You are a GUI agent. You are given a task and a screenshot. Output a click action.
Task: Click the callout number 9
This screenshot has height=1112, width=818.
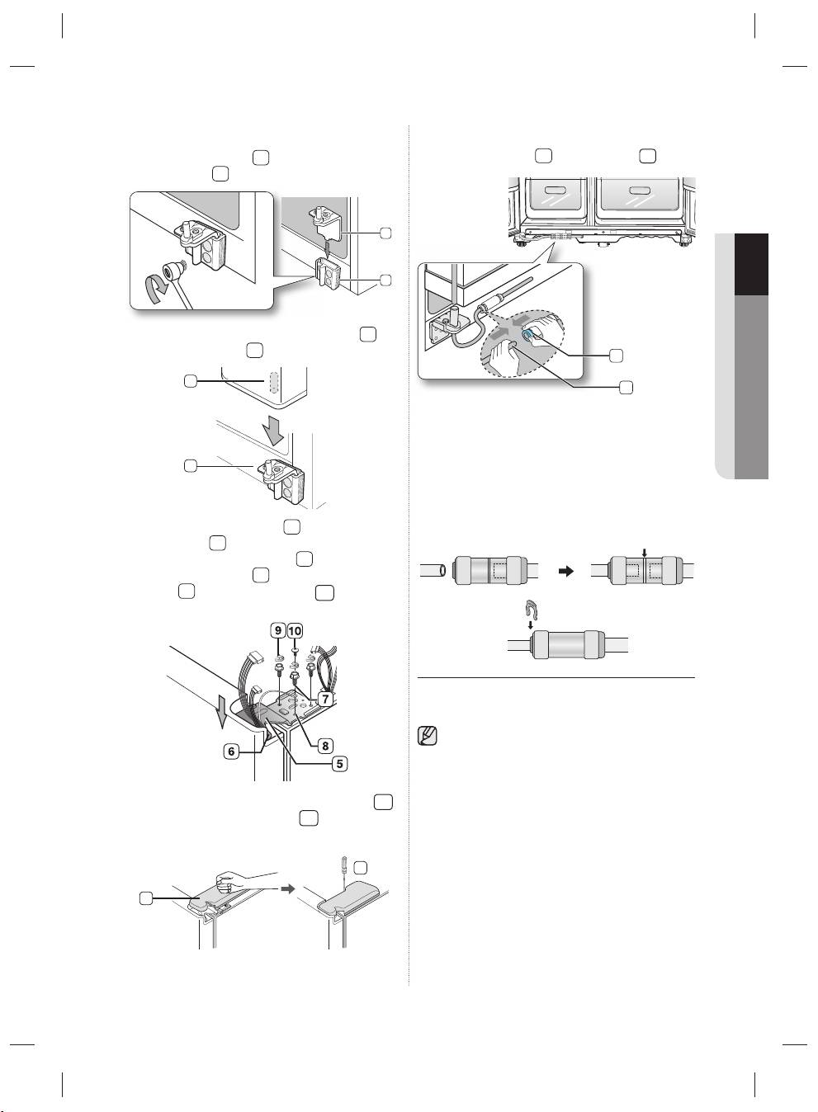[x=277, y=631]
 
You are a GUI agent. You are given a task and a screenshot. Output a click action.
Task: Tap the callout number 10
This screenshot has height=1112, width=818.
[x=295, y=631]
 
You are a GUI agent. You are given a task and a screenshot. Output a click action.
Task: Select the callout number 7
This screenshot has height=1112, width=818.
[x=325, y=699]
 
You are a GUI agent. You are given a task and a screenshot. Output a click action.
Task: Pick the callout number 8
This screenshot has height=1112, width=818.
[x=325, y=746]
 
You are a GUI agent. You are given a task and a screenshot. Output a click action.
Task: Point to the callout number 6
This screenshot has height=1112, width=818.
[x=231, y=752]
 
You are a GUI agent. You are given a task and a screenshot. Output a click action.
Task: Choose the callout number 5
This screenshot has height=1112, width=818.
[x=339, y=764]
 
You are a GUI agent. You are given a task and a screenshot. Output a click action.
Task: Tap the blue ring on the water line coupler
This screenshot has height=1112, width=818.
[x=527, y=336]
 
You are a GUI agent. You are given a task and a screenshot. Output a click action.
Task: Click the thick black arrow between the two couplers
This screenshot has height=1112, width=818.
[x=566, y=571]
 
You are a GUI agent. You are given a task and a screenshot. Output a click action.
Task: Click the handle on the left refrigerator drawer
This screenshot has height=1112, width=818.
[x=556, y=190]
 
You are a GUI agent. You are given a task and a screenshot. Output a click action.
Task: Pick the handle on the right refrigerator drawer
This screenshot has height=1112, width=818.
[x=640, y=190]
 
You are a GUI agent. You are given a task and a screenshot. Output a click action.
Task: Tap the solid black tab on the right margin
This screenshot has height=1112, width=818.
[x=751, y=265]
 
